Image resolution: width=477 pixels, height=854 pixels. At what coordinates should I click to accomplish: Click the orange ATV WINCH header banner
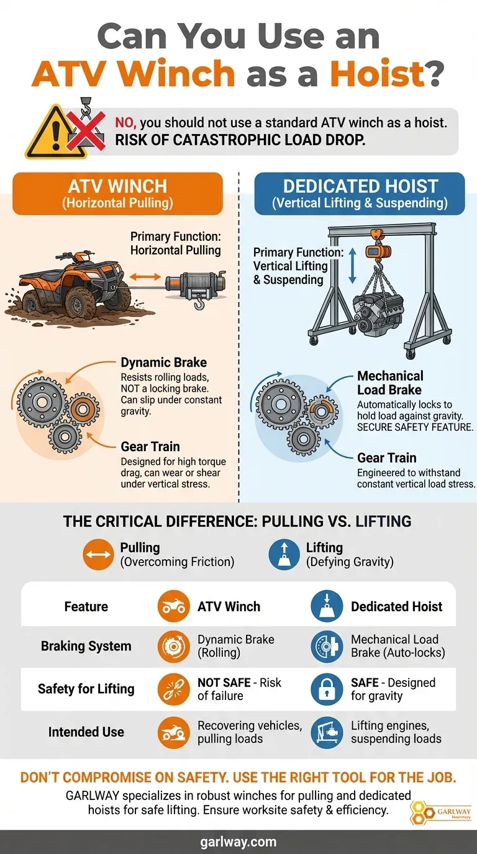[x=117, y=194]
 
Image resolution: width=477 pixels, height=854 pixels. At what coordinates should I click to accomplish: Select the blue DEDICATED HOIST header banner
[x=360, y=194]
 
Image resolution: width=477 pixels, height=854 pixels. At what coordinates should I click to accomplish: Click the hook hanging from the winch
[x=199, y=303]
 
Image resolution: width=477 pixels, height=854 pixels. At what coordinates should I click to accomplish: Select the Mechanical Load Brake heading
[x=389, y=383]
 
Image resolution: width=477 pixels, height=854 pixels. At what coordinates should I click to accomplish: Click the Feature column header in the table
[x=86, y=606]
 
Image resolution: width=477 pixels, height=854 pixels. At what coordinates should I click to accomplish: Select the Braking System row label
[x=86, y=646]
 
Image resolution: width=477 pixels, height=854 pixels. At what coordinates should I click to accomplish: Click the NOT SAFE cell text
[x=239, y=689]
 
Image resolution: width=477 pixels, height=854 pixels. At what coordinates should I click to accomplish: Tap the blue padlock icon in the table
[x=327, y=690]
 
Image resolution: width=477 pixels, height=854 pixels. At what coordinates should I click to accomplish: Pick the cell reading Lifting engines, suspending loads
[x=396, y=732]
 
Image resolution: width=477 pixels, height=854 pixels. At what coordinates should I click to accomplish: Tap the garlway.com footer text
[x=238, y=842]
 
